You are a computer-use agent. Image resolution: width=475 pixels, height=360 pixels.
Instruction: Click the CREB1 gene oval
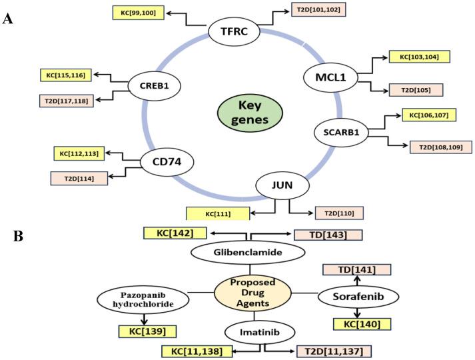[155, 85]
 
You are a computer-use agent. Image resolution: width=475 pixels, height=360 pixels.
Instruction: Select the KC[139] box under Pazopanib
[147, 331]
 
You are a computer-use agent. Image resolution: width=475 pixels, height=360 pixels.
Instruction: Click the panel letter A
[8, 19]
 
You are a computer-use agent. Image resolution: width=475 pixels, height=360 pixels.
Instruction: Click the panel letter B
[9, 237]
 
